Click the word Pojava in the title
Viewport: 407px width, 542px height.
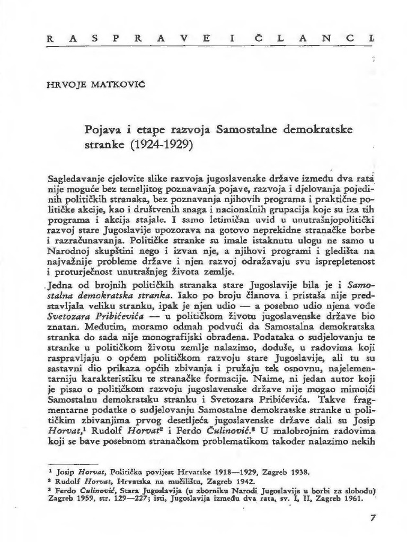click(102, 129)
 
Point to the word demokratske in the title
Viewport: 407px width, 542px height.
click(328, 129)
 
